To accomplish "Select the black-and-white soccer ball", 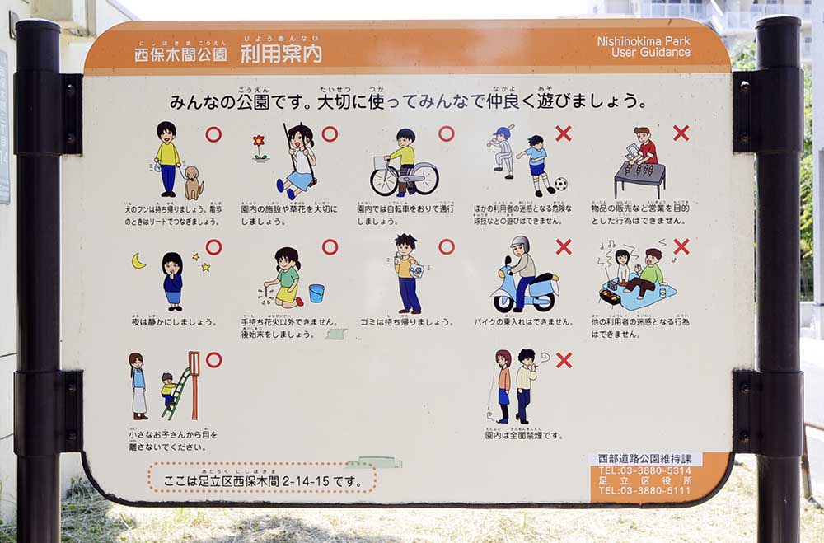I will (x=560, y=184).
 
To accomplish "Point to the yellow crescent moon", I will (x=138, y=261).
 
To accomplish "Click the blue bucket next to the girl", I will (x=316, y=293).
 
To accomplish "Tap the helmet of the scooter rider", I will (x=520, y=244).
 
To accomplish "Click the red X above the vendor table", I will (x=681, y=133).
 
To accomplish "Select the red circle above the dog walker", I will (x=213, y=134).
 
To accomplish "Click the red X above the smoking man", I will (x=564, y=360).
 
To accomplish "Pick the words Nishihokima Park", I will (x=644, y=40).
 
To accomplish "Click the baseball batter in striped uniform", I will (x=503, y=151).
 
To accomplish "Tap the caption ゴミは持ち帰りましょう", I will (x=406, y=321).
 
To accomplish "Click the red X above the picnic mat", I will (x=681, y=246).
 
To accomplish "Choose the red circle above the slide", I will (x=213, y=360).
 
